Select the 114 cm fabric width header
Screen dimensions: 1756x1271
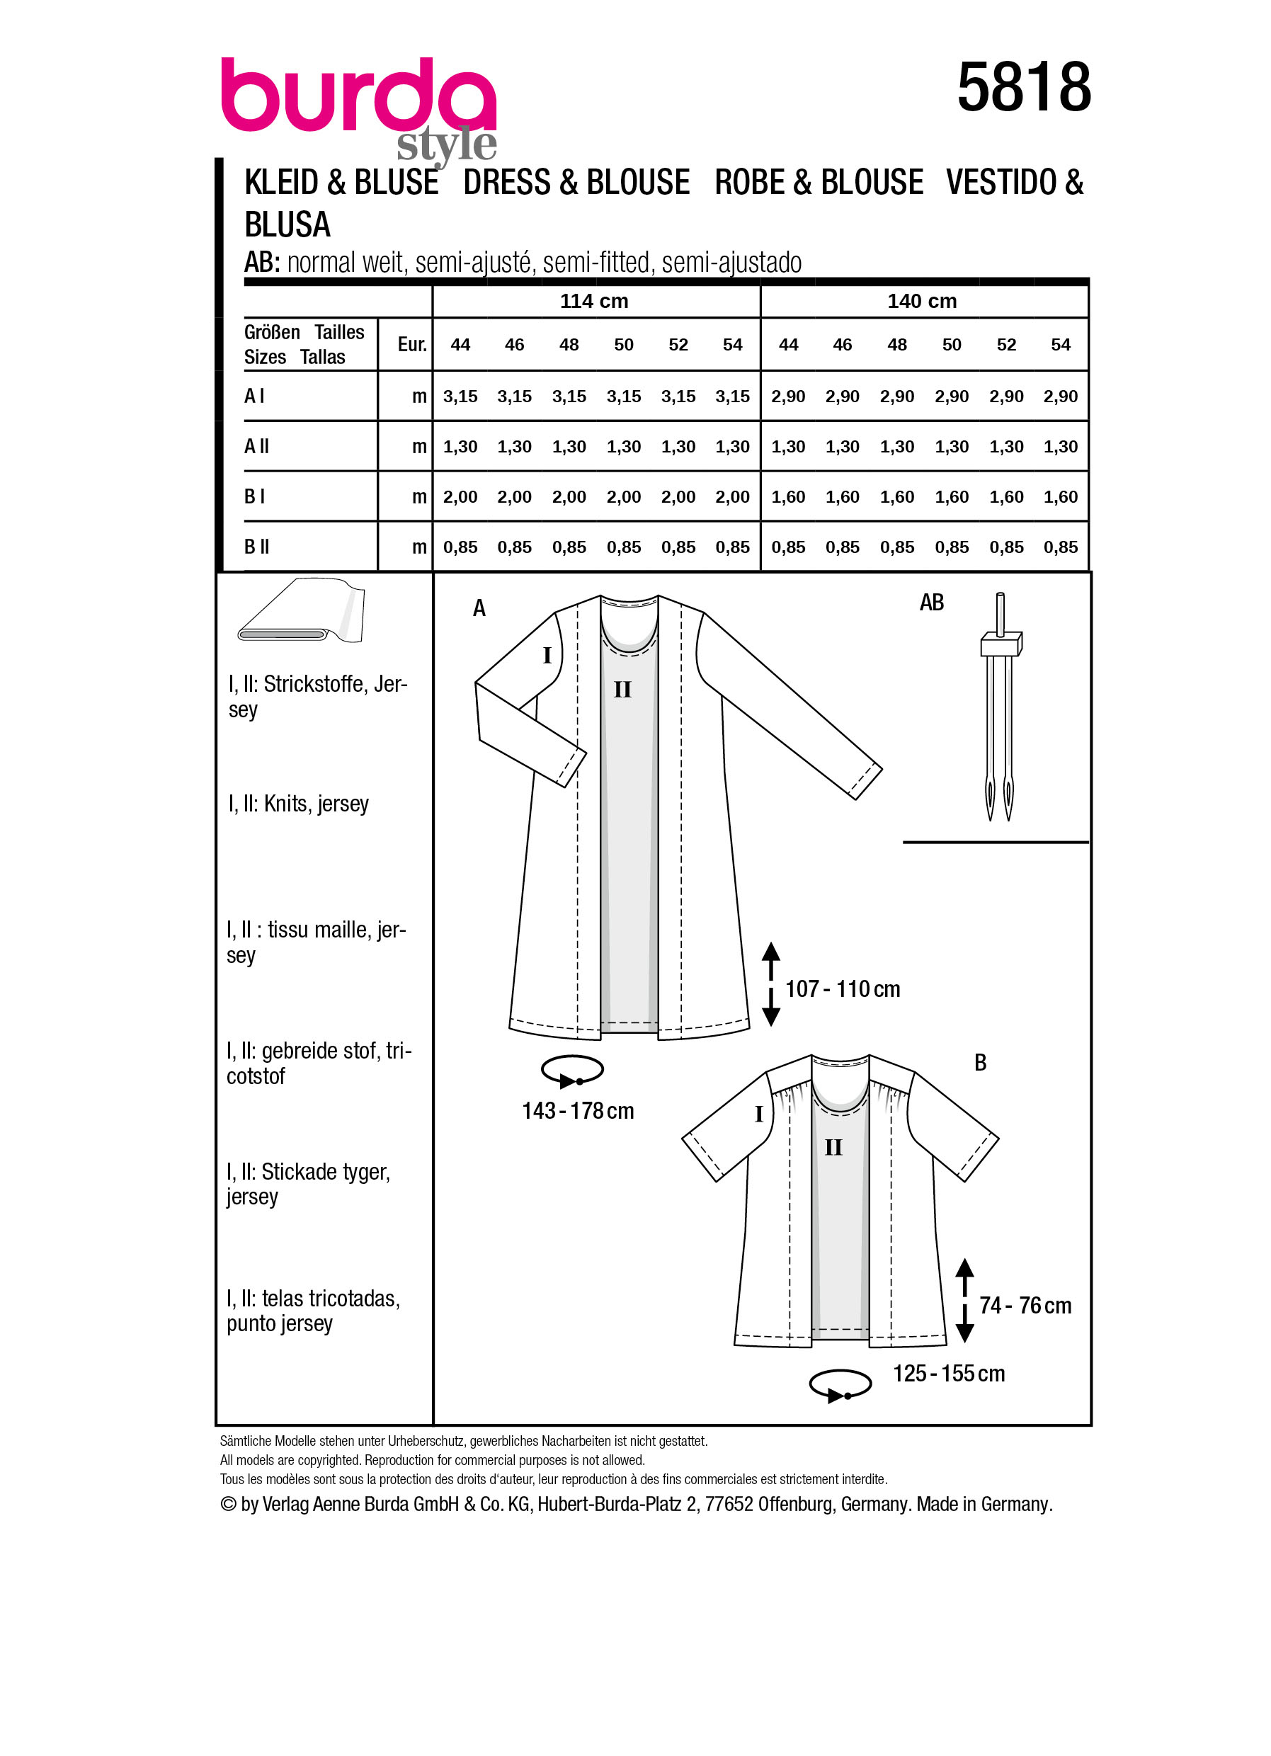593,301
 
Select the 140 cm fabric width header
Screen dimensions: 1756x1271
921,301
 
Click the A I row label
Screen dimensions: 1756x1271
255,397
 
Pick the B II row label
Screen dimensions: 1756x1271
257,547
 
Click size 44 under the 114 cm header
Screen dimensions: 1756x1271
460,345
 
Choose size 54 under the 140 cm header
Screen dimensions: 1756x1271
1060,345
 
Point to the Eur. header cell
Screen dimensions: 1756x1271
412,345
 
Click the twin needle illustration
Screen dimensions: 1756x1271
999,707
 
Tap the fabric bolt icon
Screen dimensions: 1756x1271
302,611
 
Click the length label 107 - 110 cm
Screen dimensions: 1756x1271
842,989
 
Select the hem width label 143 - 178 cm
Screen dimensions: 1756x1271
578,1111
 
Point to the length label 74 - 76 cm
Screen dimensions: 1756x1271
1025,1306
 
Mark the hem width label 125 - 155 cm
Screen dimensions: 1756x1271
948,1374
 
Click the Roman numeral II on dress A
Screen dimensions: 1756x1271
622,689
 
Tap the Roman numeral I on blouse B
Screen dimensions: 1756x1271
758,1114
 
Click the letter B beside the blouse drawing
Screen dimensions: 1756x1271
980,1063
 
